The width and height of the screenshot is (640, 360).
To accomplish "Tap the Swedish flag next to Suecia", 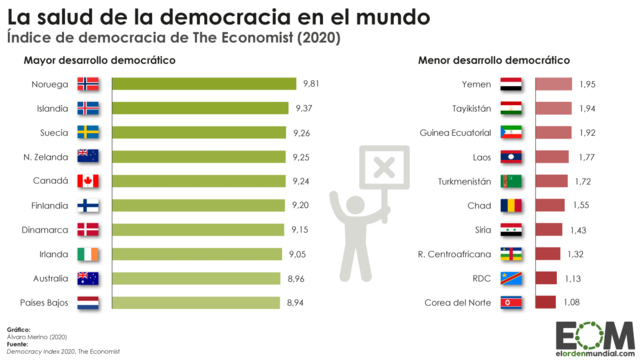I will pos(89,132).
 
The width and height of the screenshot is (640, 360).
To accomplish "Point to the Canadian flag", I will pos(89,181).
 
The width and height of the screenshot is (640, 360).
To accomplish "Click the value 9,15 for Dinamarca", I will pos(301,229).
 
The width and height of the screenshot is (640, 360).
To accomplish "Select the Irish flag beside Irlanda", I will pos(89,254).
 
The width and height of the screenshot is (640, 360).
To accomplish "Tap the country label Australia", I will pos(48,278).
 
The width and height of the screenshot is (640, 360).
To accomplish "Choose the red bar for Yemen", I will pos(553,85).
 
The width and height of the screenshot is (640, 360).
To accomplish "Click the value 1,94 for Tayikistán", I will pos(587,109).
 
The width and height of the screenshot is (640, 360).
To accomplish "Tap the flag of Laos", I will pos(511,157).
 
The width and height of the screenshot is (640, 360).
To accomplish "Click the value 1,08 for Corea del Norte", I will pos(571,302).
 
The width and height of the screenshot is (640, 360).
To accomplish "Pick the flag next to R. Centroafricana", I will pos(511,254).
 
